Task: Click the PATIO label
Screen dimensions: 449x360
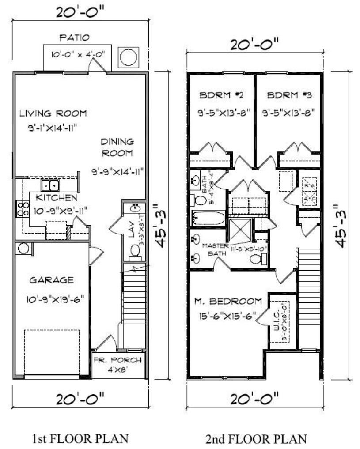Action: coord(75,37)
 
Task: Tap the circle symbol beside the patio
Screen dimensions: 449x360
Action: coord(129,57)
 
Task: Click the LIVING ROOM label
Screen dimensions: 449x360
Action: coord(53,113)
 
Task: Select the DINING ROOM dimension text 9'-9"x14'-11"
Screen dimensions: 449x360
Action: coord(117,170)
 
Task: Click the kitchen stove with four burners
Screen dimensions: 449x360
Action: coord(22,208)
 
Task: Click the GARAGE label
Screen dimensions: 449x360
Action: coord(51,280)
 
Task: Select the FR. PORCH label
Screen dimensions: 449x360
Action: coord(117,361)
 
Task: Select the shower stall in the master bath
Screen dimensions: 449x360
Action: coord(241,230)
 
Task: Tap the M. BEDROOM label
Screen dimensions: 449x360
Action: coord(228,302)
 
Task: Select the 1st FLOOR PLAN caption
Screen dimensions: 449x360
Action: coord(80,438)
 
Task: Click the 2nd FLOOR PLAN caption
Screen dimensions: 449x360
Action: coord(256,438)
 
